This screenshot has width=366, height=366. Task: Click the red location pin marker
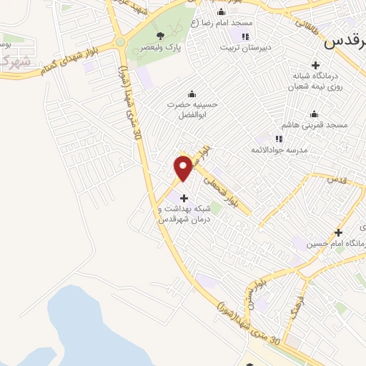(183, 167)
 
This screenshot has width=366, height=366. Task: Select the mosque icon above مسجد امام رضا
(221, 11)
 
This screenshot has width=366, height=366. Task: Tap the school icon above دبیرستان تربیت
(245, 37)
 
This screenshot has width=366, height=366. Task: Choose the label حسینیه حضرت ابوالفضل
(192, 109)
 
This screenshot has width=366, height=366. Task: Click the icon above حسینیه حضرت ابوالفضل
(191, 94)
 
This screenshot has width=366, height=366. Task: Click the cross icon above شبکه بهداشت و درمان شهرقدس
(184, 198)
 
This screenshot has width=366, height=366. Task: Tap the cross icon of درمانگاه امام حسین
(339, 232)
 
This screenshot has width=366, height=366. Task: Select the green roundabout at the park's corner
(121, 42)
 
